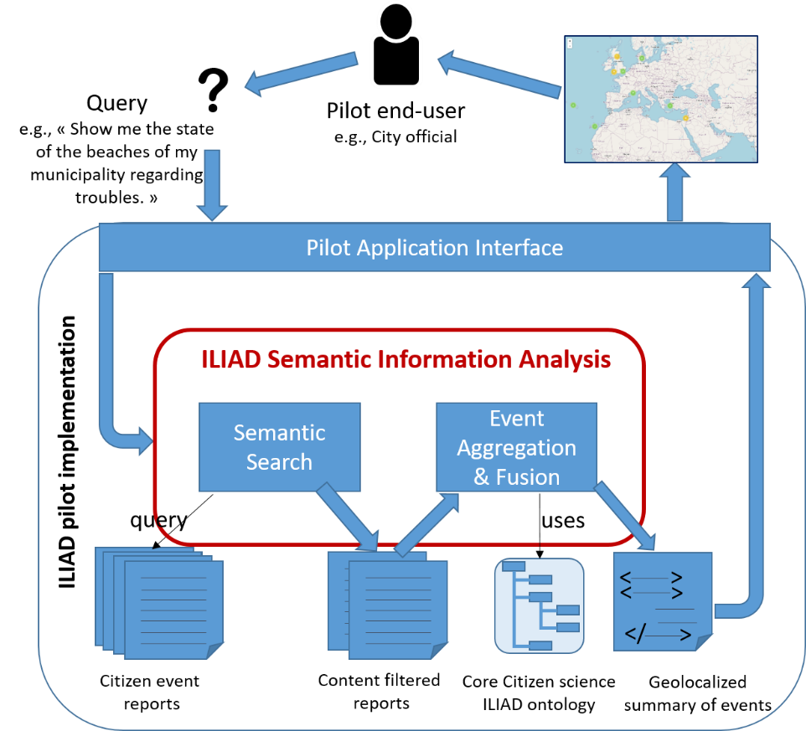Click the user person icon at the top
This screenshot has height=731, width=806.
tap(395, 46)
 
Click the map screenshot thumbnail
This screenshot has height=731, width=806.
tap(661, 98)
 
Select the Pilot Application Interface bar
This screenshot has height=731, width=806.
tap(434, 248)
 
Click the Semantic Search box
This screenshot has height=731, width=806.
tap(279, 447)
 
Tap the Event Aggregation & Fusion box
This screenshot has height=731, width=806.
tap(516, 447)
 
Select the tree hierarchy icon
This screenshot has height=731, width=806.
tap(539, 605)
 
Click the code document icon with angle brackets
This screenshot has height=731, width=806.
tap(663, 601)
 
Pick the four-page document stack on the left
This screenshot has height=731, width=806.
tap(159, 600)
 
